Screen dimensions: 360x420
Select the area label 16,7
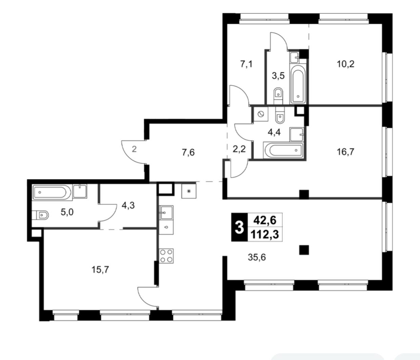point(345,152)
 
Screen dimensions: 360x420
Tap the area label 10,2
point(345,64)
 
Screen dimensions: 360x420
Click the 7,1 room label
point(246,64)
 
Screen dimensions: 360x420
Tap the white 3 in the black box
point(239,227)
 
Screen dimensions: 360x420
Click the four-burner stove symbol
point(166,256)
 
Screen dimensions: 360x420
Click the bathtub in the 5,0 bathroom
point(52,192)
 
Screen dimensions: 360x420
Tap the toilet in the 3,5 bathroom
point(278,93)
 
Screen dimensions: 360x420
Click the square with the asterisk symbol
point(189,191)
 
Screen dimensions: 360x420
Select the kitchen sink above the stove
point(166,213)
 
